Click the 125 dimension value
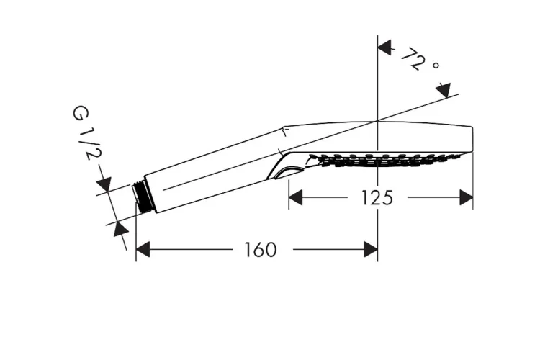377,198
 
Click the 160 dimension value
261,250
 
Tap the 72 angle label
413,58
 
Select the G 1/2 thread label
85,133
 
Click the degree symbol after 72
436,66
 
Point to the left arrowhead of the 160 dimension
143,249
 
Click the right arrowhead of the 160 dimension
371,249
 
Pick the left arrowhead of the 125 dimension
295,197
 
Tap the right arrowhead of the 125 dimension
467,197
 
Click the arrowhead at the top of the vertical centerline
384,48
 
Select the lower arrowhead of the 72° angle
444,90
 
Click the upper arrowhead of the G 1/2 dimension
104,184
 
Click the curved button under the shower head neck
289,173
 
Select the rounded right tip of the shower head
471,140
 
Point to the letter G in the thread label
80,113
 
